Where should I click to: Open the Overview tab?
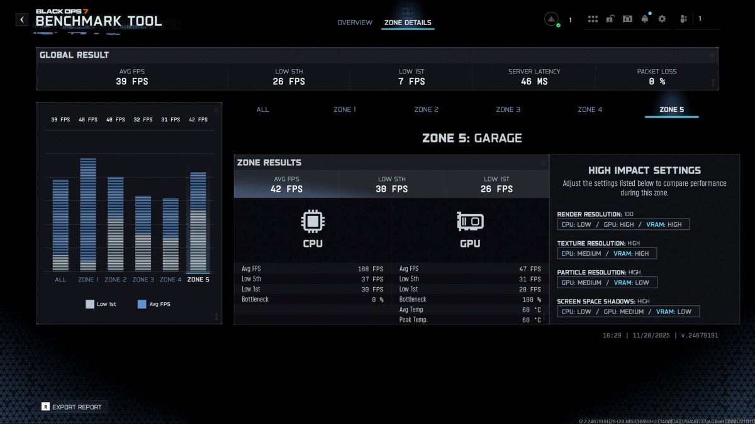355,23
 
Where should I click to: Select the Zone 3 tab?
508,109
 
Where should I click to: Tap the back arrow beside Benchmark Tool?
22,19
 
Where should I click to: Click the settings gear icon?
662,19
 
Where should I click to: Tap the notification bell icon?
644,19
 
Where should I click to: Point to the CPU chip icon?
313,221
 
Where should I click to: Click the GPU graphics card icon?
470,221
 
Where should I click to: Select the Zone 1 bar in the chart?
88,214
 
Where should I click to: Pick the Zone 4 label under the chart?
171,280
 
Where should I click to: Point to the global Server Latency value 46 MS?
534,81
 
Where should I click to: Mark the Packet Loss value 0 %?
657,81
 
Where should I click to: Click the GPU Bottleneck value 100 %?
530,300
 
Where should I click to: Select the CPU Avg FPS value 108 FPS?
371,269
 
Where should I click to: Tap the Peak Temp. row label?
413,320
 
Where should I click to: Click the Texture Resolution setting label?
591,243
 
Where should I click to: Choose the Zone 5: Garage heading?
472,138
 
